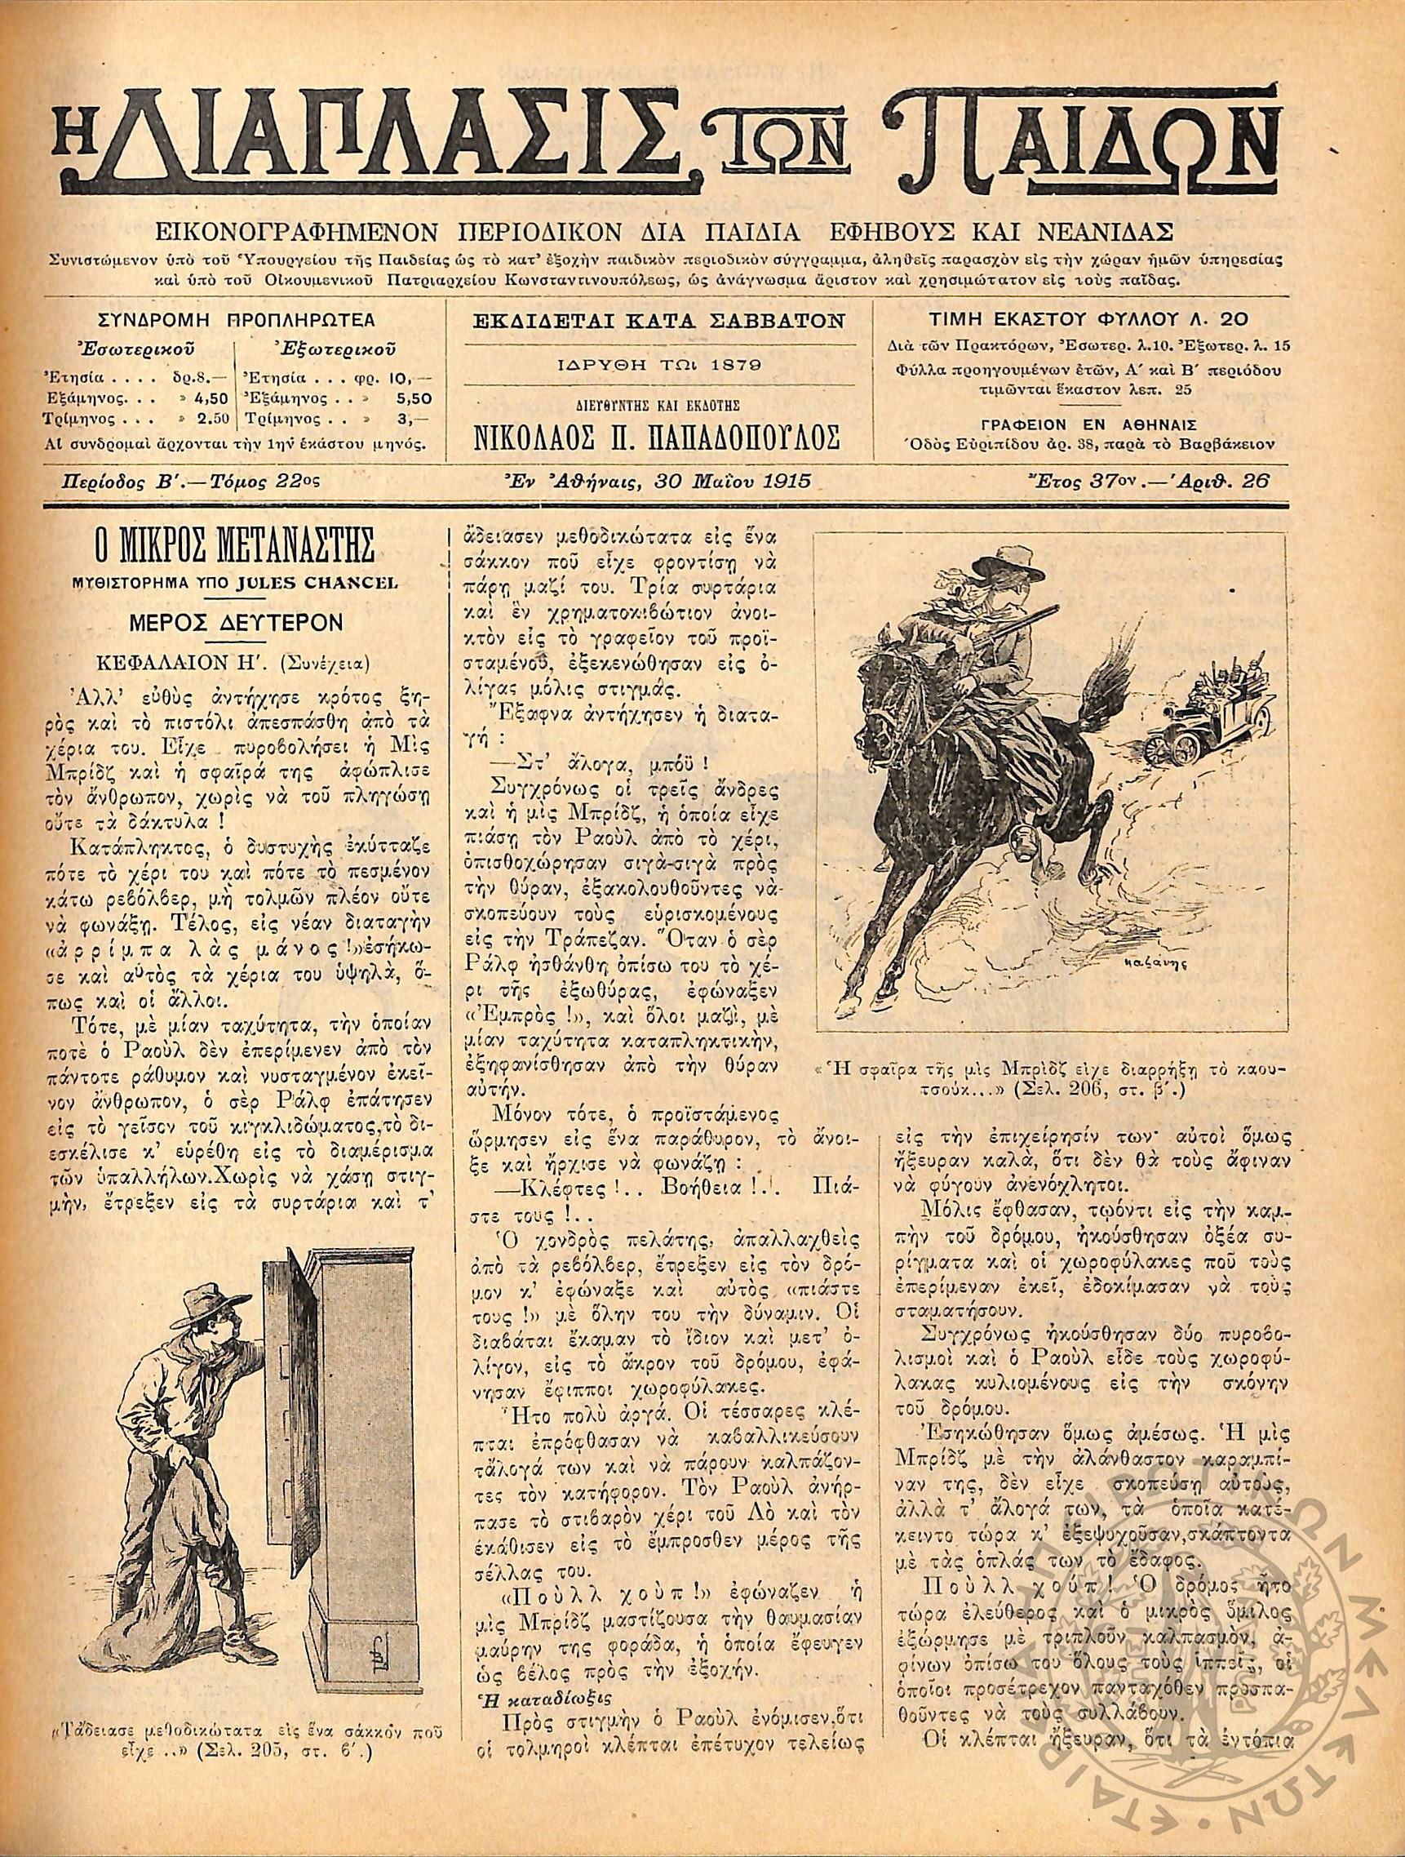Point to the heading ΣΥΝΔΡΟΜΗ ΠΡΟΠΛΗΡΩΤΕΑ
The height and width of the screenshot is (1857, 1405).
tap(237, 320)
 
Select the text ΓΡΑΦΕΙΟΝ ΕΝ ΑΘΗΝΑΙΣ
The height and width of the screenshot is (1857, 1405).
tap(1079, 424)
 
